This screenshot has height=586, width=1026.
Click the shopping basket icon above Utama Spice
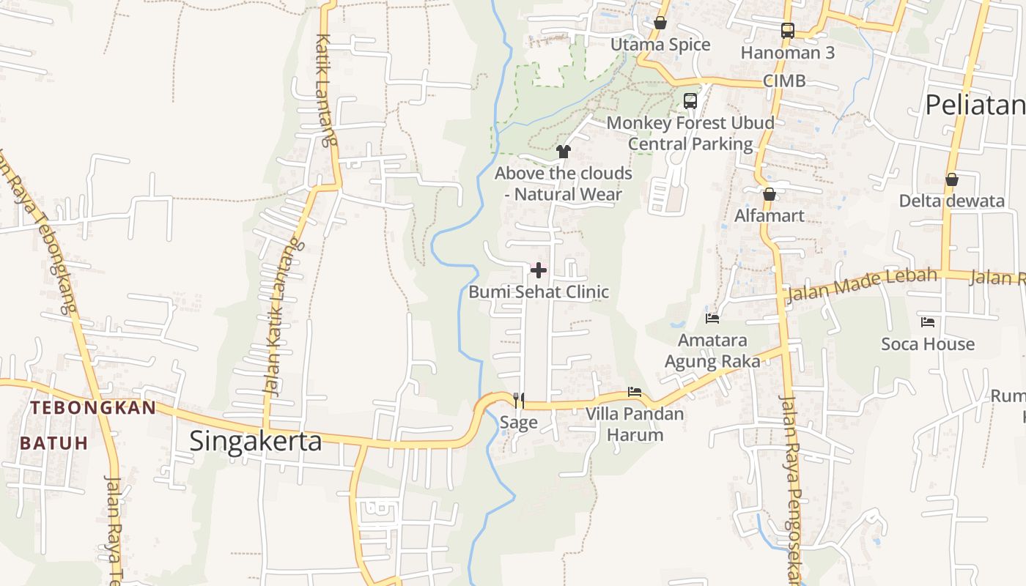pos(660,23)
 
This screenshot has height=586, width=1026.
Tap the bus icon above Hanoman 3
pos(788,31)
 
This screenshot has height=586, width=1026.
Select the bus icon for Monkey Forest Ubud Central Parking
pos(690,101)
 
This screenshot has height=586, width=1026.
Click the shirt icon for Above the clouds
pos(563,152)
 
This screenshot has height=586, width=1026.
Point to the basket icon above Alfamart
pos(769,194)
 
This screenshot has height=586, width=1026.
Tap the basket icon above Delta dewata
pos(951,179)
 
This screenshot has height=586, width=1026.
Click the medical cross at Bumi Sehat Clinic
pos(539,270)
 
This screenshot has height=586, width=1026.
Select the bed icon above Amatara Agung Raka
pos(712,318)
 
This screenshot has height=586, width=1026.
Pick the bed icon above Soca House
pos(928,322)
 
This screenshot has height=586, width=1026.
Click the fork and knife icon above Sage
pos(518,400)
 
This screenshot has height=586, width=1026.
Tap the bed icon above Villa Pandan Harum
pos(635,392)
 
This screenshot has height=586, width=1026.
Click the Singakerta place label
pos(255,441)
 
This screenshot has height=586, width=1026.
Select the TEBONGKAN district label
pos(93,408)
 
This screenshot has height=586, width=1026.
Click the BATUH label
pos(53,442)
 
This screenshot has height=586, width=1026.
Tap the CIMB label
pos(784,81)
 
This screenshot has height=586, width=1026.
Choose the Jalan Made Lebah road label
pos(861,284)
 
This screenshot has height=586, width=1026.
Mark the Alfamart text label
pos(769,215)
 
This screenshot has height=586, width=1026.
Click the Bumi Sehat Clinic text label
pos(539,292)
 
